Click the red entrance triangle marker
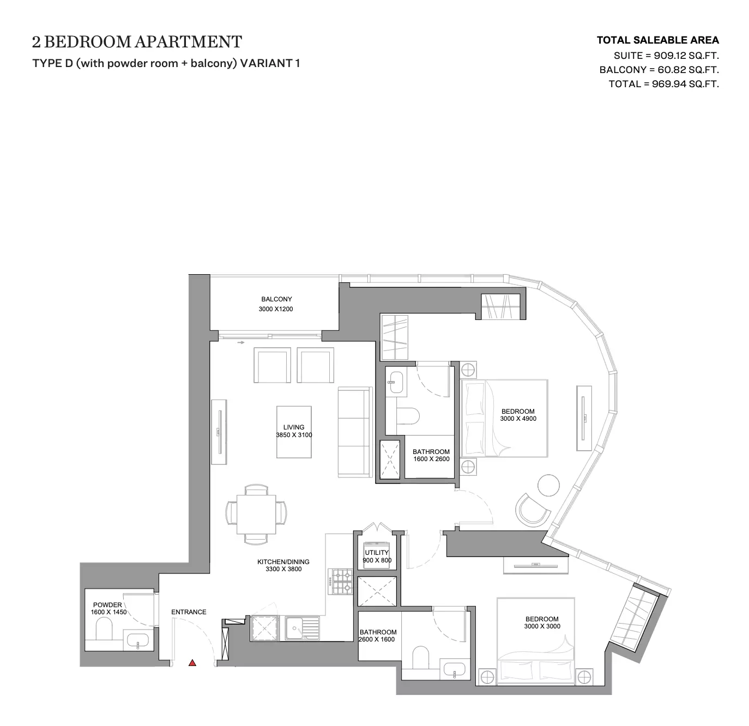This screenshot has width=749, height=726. (x=192, y=663)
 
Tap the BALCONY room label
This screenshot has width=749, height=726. (x=276, y=299)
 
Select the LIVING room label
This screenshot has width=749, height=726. (x=294, y=427)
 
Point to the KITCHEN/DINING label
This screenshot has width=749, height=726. (x=283, y=562)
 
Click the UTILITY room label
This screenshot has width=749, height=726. (x=377, y=553)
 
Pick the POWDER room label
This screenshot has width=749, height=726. (x=107, y=605)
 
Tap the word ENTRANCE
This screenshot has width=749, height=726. (x=189, y=612)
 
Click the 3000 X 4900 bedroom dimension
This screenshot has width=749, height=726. (x=518, y=419)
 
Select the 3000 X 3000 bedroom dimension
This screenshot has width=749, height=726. (x=542, y=626)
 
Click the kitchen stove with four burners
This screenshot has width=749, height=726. (x=340, y=582)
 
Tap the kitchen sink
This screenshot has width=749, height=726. (x=302, y=628)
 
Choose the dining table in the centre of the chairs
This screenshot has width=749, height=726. (x=256, y=515)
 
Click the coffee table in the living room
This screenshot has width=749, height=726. (x=294, y=432)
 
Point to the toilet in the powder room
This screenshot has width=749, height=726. (x=104, y=628)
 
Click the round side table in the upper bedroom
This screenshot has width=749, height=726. (x=548, y=486)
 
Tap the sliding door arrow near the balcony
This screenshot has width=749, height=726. (x=240, y=342)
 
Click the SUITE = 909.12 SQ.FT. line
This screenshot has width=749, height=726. (x=666, y=56)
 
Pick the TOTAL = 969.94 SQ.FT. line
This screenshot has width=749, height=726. (x=663, y=84)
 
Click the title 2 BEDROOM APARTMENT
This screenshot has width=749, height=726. (x=137, y=42)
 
